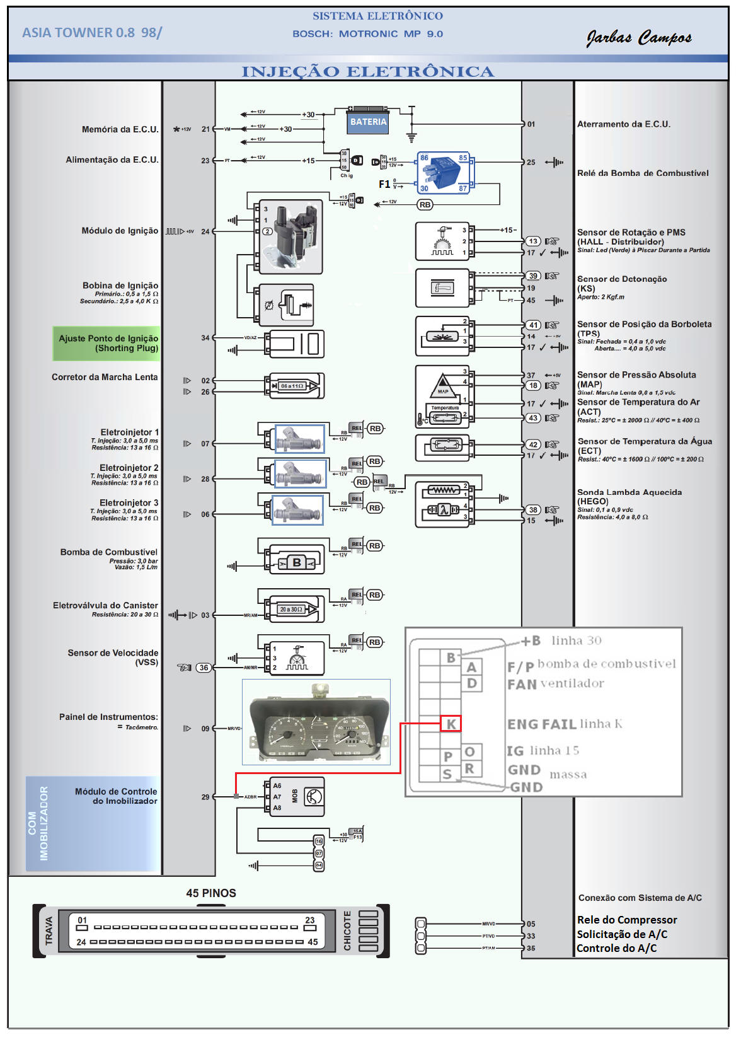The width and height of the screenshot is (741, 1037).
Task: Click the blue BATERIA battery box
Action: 369,122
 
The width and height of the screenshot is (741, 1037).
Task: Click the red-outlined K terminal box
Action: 451,724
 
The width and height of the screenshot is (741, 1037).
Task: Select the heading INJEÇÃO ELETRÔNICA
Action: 368,72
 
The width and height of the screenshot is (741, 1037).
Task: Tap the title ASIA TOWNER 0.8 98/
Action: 92,33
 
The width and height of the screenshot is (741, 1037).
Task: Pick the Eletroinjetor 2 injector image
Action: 300,473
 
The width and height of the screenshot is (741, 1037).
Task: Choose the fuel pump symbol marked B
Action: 297,562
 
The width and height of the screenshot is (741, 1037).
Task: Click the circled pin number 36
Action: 204,668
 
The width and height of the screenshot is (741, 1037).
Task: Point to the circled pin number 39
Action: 533,275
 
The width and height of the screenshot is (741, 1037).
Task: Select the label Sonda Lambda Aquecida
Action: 629,492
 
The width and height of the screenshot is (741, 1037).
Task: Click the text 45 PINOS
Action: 211,893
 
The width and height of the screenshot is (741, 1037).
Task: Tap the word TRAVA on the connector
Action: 49,931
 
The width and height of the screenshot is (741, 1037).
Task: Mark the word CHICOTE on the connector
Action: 347,930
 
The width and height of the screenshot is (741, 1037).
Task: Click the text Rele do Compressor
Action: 627,920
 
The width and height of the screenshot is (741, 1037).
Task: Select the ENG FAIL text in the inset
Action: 542,724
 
